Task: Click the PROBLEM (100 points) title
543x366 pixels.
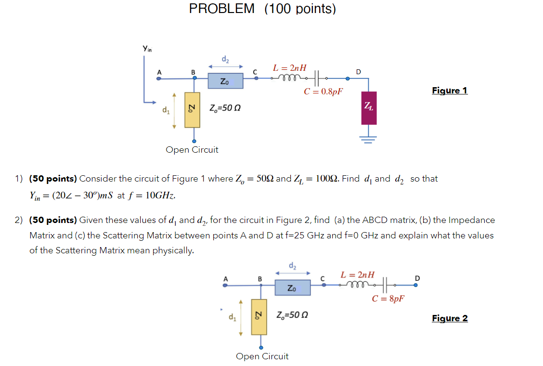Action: (x=262, y=9)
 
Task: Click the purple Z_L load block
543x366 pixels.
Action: (x=369, y=108)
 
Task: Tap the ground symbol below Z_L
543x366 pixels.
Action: (x=369, y=138)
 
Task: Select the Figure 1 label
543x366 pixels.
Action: (x=449, y=91)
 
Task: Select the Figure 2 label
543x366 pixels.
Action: (x=450, y=318)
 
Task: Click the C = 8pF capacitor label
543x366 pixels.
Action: (x=388, y=299)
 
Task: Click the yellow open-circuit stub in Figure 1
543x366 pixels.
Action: (x=194, y=110)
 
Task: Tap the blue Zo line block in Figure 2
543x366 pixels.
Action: (x=292, y=288)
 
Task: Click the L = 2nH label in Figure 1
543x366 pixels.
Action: (x=290, y=68)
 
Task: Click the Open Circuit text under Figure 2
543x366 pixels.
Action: (x=262, y=356)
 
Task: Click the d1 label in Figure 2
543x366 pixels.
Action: (x=233, y=317)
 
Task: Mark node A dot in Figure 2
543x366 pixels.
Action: (x=224, y=285)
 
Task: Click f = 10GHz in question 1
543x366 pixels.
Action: (x=151, y=196)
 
